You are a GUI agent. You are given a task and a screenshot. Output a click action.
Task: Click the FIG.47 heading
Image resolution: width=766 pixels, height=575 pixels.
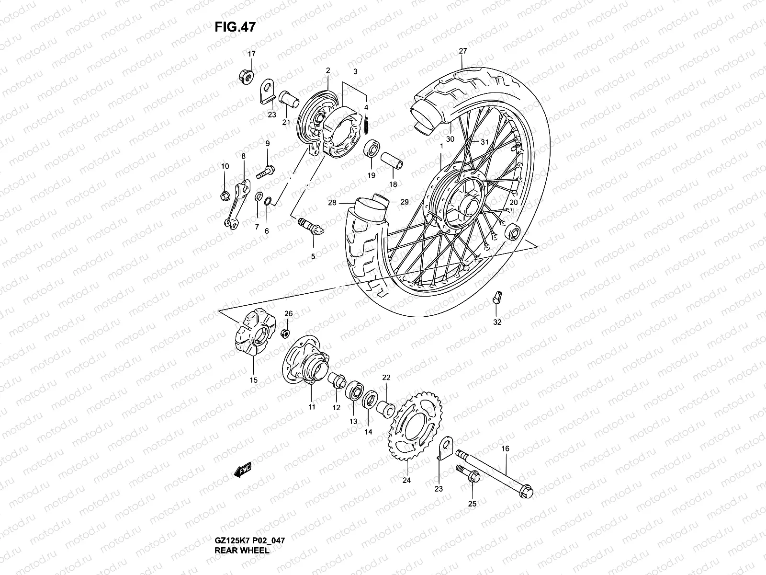(235, 27)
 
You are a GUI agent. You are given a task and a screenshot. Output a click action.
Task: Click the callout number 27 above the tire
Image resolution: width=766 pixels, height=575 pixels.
(462, 51)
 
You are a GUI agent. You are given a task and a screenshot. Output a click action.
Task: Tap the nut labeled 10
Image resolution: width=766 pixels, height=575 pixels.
(225, 195)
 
